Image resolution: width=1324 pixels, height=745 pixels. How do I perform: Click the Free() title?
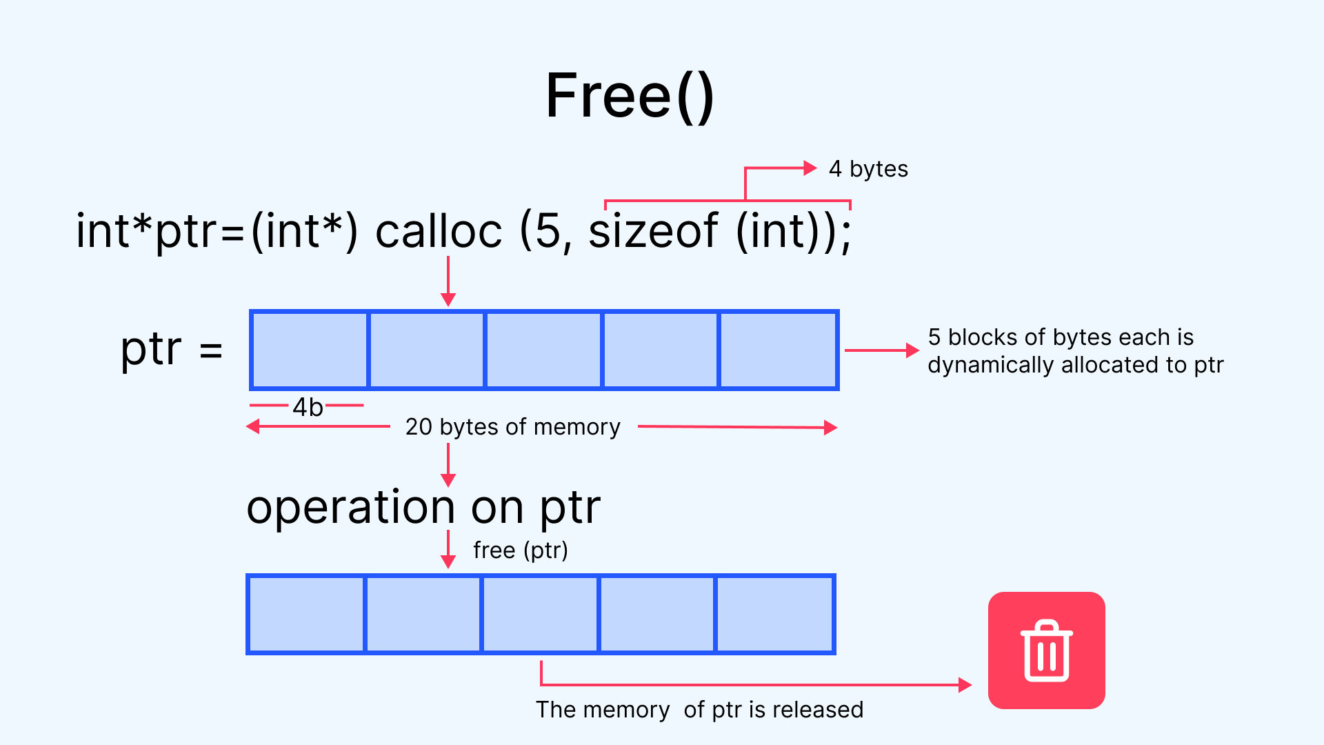(x=630, y=97)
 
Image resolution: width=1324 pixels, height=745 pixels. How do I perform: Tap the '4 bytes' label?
(x=868, y=169)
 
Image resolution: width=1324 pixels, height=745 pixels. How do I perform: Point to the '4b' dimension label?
(x=308, y=407)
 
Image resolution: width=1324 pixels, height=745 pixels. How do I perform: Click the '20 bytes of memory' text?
(x=513, y=427)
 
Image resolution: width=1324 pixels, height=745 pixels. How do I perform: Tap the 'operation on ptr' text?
(x=423, y=509)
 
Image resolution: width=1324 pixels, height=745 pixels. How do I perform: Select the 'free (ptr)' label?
(x=521, y=550)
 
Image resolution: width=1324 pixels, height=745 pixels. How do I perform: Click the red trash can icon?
(x=1047, y=650)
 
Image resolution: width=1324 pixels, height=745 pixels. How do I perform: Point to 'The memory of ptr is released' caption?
(x=699, y=710)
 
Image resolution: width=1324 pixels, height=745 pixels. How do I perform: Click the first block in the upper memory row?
(x=310, y=350)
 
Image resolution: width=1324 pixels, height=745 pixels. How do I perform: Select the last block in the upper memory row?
(x=779, y=350)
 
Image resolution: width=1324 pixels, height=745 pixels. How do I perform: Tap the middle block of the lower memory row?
(x=541, y=615)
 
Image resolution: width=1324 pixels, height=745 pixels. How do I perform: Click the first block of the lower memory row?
(x=306, y=615)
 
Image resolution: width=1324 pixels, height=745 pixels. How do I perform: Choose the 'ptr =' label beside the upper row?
(x=172, y=350)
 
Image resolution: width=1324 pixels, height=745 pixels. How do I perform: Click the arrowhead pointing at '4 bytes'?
(x=810, y=168)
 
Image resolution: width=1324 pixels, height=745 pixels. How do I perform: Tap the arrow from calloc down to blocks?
(x=448, y=281)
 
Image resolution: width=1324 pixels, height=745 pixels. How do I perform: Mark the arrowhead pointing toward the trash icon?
(x=965, y=685)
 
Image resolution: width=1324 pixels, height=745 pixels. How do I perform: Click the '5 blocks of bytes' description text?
(x=1076, y=351)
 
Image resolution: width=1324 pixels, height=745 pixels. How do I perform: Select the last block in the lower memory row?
(x=776, y=615)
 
